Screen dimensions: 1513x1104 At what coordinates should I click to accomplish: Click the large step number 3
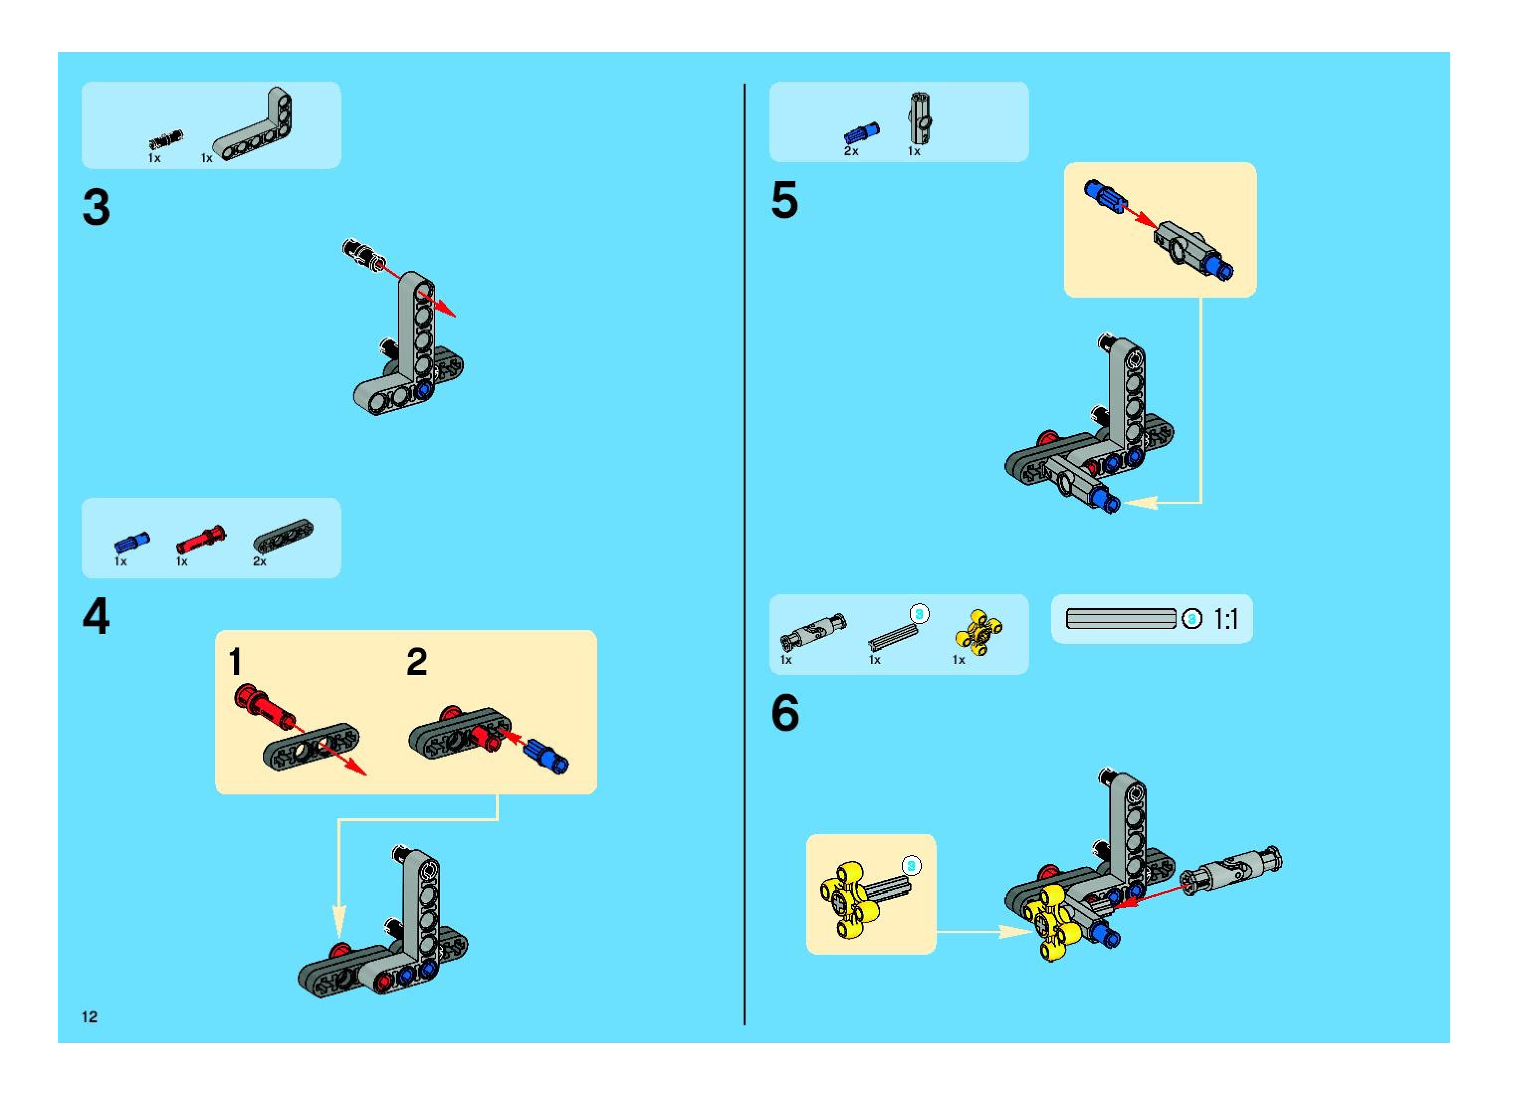(96, 208)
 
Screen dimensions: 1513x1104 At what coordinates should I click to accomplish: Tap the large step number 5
(784, 200)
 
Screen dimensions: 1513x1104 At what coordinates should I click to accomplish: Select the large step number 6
(785, 713)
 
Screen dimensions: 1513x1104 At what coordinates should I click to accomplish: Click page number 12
(90, 1016)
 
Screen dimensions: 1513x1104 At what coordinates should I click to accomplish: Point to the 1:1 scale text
(1226, 620)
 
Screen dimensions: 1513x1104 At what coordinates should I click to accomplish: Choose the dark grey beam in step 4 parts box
(283, 537)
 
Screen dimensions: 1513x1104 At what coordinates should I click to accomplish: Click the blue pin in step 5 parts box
(862, 133)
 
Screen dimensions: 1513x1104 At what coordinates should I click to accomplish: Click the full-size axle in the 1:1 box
(1121, 619)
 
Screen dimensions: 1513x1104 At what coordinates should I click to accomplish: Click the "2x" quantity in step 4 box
(259, 561)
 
